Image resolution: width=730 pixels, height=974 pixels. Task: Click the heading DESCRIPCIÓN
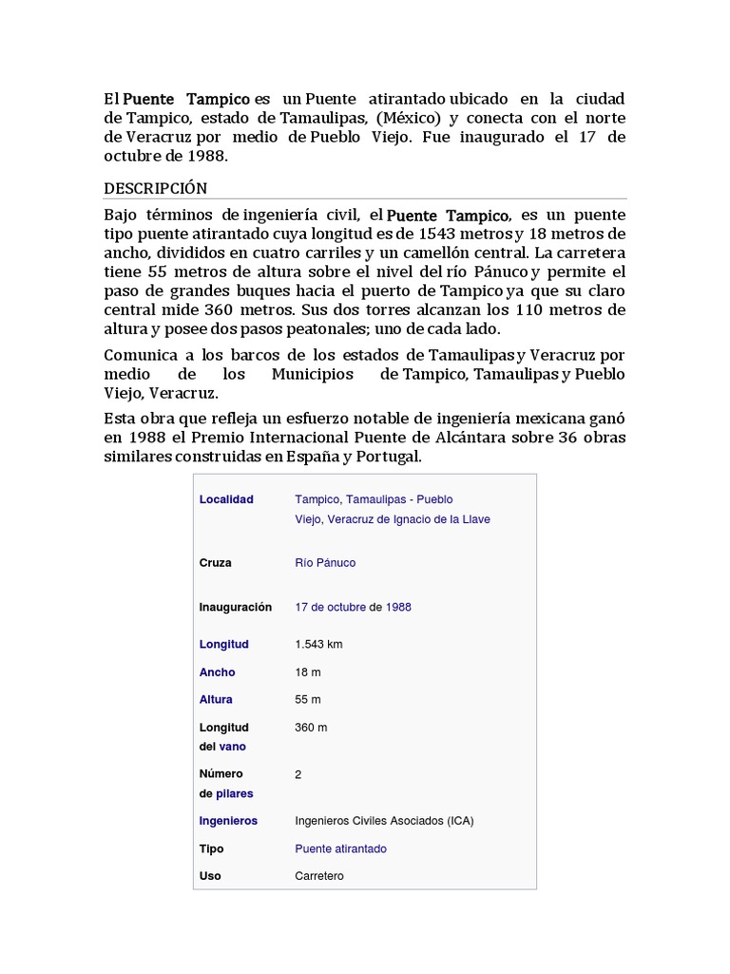pyautogui.click(x=156, y=188)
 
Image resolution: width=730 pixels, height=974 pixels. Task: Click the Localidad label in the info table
pyautogui.click(x=226, y=499)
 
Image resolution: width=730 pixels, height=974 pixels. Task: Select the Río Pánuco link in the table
pyautogui.click(x=325, y=563)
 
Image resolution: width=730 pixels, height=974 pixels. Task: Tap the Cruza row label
pyautogui.click(x=215, y=563)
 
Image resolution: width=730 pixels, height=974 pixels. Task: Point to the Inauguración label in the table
pyautogui.click(x=235, y=607)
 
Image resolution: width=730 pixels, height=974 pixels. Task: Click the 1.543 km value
pyautogui.click(x=318, y=644)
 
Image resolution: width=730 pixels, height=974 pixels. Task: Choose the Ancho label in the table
pyautogui.click(x=217, y=672)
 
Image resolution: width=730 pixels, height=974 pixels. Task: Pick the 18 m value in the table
pyautogui.click(x=308, y=672)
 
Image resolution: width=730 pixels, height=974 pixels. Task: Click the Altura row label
pyautogui.click(x=216, y=700)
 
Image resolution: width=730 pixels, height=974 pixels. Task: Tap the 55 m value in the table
pyautogui.click(x=308, y=700)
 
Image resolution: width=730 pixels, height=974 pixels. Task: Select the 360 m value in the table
pyautogui.click(x=311, y=728)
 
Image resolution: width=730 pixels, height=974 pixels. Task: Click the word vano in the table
pyautogui.click(x=233, y=747)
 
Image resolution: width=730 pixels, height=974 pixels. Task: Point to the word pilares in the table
pyautogui.click(x=235, y=793)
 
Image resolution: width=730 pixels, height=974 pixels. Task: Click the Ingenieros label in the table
pyautogui.click(x=228, y=821)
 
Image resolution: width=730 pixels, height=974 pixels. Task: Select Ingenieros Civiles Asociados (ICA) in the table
pyautogui.click(x=384, y=821)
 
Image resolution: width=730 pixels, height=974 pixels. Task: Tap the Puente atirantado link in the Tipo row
pyautogui.click(x=340, y=848)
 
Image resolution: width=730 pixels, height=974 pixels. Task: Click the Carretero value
pyautogui.click(x=319, y=876)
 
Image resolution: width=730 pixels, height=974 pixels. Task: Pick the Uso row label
pyautogui.click(x=210, y=876)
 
